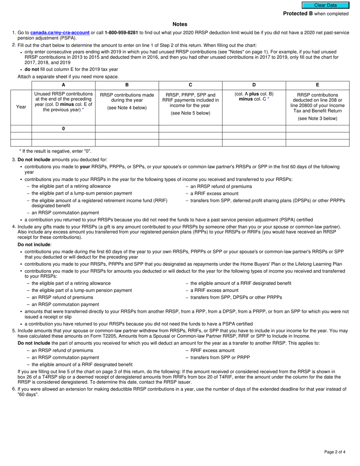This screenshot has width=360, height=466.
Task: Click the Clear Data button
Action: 325,5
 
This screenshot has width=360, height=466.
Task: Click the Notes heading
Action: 180,24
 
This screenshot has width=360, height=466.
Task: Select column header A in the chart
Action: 63,85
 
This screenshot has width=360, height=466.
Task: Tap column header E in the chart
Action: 317,85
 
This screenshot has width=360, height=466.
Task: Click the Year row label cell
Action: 21,107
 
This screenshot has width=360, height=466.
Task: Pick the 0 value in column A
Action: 63,128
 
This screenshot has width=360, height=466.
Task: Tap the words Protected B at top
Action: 298,14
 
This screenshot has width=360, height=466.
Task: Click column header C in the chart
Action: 190,85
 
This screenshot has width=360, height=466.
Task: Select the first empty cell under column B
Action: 127,128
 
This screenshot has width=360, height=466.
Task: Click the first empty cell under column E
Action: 317,128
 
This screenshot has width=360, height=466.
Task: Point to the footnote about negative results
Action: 55,151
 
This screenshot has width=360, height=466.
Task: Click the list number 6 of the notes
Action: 14,389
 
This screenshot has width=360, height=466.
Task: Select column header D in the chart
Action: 254,85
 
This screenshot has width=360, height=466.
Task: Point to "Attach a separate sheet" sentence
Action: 68,77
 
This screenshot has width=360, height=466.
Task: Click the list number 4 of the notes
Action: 14,227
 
